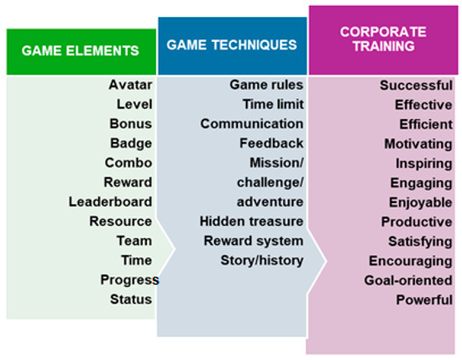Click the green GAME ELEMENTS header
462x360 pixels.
click(x=81, y=52)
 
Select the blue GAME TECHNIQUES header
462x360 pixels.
click(x=233, y=45)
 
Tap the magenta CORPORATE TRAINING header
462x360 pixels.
click(x=383, y=40)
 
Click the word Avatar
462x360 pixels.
click(x=130, y=85)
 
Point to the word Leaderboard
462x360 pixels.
click(x=111, y=202)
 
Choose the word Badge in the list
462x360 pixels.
click(x=131, y=143)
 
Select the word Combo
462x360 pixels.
click(x=129, y=163)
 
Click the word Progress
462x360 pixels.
click(x=129, y=280)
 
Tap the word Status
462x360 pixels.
click(x=131, y=300)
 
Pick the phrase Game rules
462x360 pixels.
click(x=266, y=85)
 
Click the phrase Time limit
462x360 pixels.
click(x=273, y=105)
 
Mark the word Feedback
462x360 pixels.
click(x=271, y=143)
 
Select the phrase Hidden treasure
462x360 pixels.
click(x=251, y=222)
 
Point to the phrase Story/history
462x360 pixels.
click(x=262, y=261)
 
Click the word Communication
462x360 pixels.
click(x=252, y=124)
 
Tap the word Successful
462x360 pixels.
click(x=416, y=86)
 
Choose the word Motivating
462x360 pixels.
click(x=418, y=144)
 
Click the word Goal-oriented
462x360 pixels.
click(x=408, y=280)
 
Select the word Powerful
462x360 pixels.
click(x=424, y=300)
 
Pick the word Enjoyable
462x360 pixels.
click(x=421, y=203)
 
